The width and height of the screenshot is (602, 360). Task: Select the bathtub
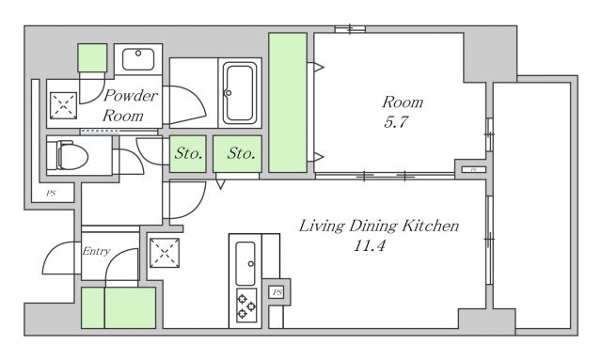(240, 93)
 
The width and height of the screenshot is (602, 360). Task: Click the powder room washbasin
(138, 59)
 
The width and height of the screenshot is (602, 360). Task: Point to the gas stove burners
(246, 305)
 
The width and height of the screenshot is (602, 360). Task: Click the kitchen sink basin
(246, 263)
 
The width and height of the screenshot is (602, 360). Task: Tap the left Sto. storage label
(188, 153)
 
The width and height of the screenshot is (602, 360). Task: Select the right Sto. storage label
(241, 153)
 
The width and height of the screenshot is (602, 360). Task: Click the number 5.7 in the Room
(395, 122)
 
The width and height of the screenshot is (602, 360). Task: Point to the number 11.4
(369, 245)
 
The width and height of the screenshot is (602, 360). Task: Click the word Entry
(96, 251)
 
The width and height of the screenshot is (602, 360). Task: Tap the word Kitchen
(431, 226)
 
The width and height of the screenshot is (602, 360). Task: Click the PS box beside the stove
(277, 292)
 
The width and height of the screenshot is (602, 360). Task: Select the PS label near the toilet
(51, 193)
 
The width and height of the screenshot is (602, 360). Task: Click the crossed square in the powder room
(63, 105)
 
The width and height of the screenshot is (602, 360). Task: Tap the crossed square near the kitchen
(165, 253)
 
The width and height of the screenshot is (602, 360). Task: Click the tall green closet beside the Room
(288, 102)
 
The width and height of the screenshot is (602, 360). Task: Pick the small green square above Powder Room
(92, 58)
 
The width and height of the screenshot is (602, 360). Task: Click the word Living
(322, 227)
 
